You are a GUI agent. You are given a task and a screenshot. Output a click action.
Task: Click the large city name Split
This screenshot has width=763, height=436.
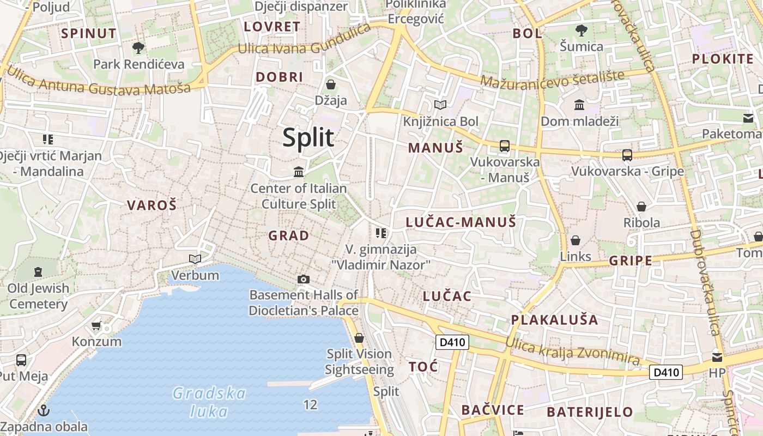pos(308,137)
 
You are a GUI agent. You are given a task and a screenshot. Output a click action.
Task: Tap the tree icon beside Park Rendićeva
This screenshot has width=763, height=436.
pos(138,48)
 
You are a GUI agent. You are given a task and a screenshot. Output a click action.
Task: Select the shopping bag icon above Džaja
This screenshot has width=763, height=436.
pos(330,84)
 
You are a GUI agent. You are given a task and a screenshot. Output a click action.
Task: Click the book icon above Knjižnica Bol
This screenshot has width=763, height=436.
pos(440,105)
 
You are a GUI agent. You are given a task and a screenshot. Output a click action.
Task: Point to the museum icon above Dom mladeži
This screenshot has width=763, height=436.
pos(579,105)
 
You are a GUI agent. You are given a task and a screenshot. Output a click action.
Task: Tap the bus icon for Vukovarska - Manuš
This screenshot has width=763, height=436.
pos(505,146)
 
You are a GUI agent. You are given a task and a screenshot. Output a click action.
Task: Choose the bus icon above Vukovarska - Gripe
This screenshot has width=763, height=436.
pos(627,155)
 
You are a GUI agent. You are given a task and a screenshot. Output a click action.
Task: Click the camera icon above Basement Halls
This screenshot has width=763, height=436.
pos(304,279)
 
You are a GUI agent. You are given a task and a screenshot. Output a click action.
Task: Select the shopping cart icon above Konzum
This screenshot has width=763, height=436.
pos(96,326)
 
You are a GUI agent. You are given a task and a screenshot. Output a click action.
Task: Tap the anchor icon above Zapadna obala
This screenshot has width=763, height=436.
pos(43,410)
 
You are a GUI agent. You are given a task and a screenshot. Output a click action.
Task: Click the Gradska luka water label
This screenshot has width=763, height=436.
pos(209,401)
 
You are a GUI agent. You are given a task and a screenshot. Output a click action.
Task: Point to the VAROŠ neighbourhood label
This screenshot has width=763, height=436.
pos(152,205)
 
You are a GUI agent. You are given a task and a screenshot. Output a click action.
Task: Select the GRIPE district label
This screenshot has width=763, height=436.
pos(631,261)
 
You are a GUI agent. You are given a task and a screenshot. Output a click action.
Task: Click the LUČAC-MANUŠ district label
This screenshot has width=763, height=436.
pos(461,222)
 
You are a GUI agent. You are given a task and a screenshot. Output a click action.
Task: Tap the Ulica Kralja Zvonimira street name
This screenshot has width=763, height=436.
pos(572,351)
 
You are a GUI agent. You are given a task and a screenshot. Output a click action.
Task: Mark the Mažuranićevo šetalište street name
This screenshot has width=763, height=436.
pos(552,80)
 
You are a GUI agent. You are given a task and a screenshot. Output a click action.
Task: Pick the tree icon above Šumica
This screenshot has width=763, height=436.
pos(582,31)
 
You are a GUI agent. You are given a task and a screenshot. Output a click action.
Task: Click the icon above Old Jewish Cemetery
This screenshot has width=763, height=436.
pos(38,271)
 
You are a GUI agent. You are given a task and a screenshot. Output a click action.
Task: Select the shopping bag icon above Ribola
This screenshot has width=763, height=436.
pos(641,207)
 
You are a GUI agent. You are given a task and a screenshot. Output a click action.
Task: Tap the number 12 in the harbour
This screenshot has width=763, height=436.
pos(310,405)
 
